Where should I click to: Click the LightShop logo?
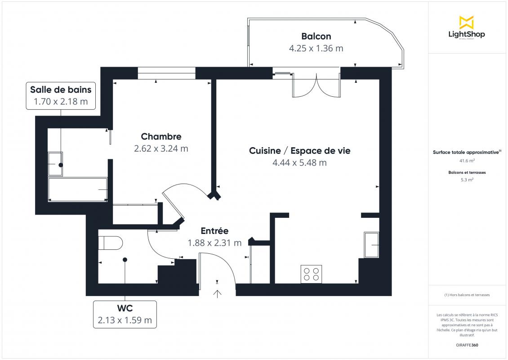pos(467,27)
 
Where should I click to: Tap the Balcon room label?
pos(316,36)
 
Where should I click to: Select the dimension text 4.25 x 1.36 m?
pos(316,48)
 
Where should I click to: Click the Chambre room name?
pos(161,136)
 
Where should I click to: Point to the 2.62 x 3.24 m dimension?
pos(161,148)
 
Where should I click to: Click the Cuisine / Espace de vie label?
pos(300,151)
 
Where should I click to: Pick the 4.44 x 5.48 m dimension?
pos(300,163)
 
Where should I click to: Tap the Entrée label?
pos(214,231)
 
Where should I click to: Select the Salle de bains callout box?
pos(61,96)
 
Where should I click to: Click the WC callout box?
pos(125,314)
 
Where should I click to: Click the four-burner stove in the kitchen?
pos(312,274)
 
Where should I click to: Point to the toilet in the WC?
pos(110,243)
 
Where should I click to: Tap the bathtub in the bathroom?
pos(78,189)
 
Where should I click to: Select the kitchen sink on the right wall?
pos(372,245)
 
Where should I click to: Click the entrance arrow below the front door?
pos(217,293)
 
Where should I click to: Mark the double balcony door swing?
pos(316,85)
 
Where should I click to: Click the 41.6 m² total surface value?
pos(467,161)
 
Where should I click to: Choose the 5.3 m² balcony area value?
pos(467,180)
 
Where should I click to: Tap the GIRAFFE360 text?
pos(467,345)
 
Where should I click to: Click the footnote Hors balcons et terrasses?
pos(467,295)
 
